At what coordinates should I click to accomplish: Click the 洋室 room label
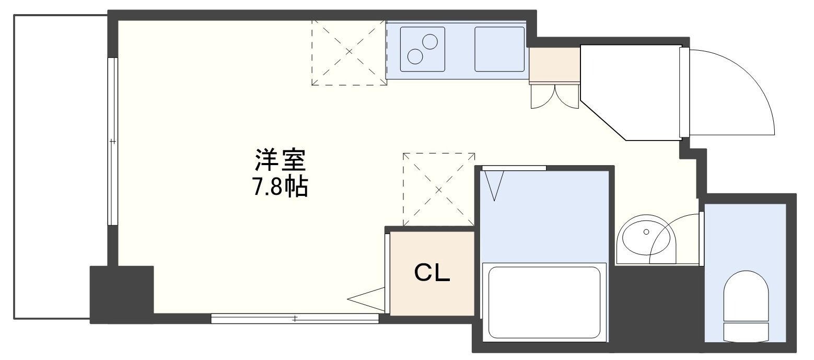pos(280,161)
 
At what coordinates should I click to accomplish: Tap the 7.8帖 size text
pos(280,187)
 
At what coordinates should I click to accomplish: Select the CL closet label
pos(432,272)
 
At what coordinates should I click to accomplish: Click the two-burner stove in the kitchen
pos(422,49)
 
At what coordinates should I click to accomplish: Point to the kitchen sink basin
pos(499,49)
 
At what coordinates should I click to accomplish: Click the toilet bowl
pos(746,295)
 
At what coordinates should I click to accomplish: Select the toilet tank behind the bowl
pos(746,331)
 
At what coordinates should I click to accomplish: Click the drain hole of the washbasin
pos(646,231)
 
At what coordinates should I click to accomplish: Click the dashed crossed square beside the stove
pos(349,52)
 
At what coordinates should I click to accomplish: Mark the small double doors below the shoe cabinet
pos(555,96)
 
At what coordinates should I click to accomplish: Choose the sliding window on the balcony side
pos(112,141)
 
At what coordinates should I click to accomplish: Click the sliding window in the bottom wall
pos(295,318)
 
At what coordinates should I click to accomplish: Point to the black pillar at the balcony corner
pos(121,294)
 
